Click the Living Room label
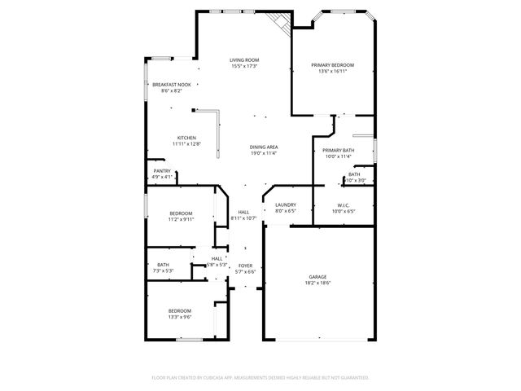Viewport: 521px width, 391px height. (244, 59)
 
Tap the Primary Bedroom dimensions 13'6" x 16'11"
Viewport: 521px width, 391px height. (332, 71)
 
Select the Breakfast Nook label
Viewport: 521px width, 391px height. (172, 84)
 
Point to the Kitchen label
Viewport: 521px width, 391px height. (186, 138)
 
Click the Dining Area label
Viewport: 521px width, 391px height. (264, 147)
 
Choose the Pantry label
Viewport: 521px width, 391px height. (162, 170)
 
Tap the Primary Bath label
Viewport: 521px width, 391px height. (338, 150)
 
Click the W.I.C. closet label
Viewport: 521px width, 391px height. (343, 204)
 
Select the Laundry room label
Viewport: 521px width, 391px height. (285, 204)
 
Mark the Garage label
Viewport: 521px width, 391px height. (317, 276)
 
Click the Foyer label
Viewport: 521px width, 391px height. (245, 266)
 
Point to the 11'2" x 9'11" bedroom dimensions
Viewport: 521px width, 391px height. (181, 218)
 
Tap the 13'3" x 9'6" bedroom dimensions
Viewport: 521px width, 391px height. (180, 316)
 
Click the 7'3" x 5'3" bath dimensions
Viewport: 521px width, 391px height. (163, 270)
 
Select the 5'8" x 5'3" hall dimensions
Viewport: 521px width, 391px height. (217, 265)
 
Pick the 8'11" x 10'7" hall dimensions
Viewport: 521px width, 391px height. (244, 218)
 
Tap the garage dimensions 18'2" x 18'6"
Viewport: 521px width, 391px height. (317, 283)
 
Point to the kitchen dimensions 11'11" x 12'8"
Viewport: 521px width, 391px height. (186, 144)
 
